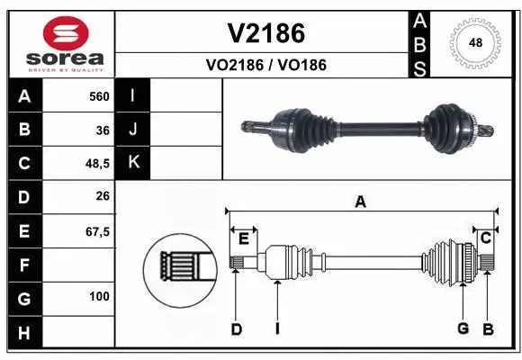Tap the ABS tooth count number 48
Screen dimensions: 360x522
click(x=476, y=41)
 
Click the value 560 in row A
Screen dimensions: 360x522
click(x=99, y=95)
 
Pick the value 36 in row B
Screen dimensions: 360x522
click(x=103, y=130)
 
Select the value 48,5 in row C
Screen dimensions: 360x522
click(x=97, y=164)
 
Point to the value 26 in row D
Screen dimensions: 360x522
click(x=103, y=197)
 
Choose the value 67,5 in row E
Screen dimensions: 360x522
click(x=97, y=231)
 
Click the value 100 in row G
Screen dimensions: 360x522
click(x=99, y=296)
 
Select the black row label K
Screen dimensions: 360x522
click(x=133, y=163)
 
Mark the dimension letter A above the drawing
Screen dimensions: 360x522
click(x=360, y=202)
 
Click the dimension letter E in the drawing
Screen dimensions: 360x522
click(x=244, y=238)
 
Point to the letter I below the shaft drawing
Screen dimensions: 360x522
click(x=277, y=328)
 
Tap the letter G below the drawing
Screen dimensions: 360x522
click(x=463, y=328)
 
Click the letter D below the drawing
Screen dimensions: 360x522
click(x=237, y=328)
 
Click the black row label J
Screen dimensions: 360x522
click(x=133, y=130)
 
